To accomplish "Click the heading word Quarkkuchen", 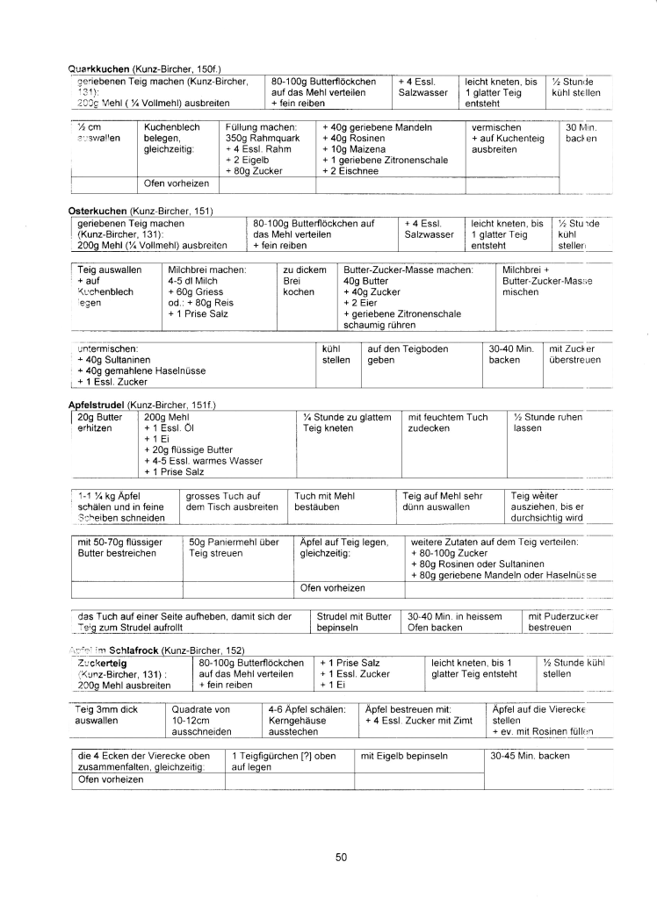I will pyautogui.click(x=99, y=68).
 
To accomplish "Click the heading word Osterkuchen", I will pyautogui.click(x=97, y=212).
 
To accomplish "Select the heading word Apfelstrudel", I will pyautogui.click(x=97, y=403).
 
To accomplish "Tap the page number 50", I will pyautogui.click(x=342, y=858).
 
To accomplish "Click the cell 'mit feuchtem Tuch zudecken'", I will pyautogui.click(x=448, y=423).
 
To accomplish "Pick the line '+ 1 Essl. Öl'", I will pyautogui.click(x=170, y=428).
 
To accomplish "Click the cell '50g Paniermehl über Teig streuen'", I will pyautogui.click(x=234, y=548).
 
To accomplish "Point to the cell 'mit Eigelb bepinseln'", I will pyautogui.click(x=404, y=755).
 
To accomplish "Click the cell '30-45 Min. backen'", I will pyautogui.click(x=530, y=755).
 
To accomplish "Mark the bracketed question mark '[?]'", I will pyautogui.click(x=301, y=755).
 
